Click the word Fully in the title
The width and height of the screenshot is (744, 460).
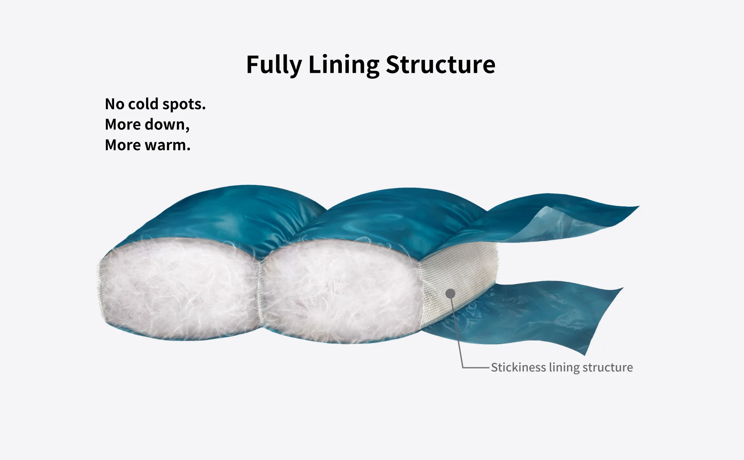pyautogui.click(x=274, y=65)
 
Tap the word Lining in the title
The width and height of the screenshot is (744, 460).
pyautogui.click(x=344, y=65)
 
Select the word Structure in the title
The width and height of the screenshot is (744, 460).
pyautogui.click(x=440, y=65)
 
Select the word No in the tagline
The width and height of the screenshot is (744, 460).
pyautogui.click(x=114, y=104)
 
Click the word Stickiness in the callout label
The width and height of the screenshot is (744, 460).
pyautogui.click(x=518, y=367)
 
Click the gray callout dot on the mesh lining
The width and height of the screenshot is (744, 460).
pyautogui.click(x=450, y=293)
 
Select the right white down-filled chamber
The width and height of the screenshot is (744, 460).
pyautogui.click(x=340, y=290)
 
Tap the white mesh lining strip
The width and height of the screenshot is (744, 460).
pyautogui.click(x=460, y=272)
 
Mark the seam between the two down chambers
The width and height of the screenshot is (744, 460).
pyautogui.click(x=261, y=290)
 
